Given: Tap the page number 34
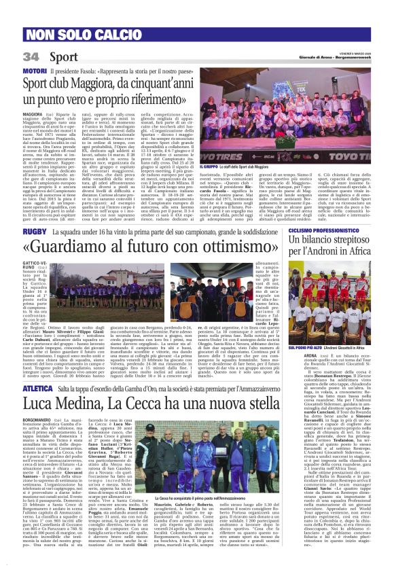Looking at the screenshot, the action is tap(31, 56).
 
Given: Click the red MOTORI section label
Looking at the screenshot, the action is tap(35, 71).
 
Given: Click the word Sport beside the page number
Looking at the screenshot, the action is tap(64, 56).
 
